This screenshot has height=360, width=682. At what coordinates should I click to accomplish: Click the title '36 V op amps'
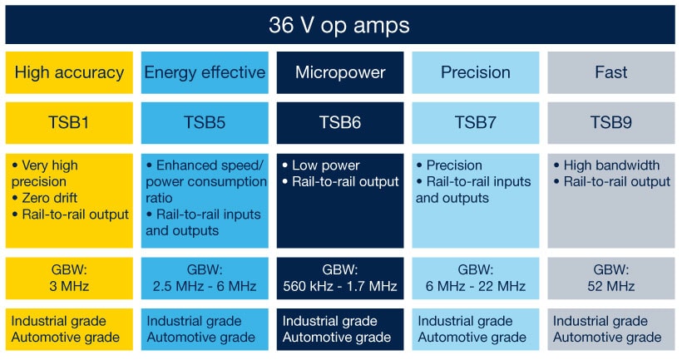[x=339, y=25]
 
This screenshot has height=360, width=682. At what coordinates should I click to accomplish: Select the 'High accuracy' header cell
[x=69, y=72]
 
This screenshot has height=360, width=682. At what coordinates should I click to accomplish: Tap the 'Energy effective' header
[x=205, y=72]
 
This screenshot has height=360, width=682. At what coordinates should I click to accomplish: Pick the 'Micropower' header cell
[x=340, y=72]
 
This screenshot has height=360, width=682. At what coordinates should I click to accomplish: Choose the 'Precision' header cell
[x=475, y=72]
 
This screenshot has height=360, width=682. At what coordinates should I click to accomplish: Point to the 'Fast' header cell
[x=611, y=72]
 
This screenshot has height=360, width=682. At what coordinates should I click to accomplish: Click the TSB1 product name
[x=69, y=123]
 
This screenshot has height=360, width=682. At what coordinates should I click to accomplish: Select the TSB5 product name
[x=205, y=123]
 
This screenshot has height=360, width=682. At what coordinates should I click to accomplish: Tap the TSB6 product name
[x=340, y=123]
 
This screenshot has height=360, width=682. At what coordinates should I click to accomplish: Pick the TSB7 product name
[x=475, y=123]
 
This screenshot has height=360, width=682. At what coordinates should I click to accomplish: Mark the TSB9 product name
[x=611, y=123]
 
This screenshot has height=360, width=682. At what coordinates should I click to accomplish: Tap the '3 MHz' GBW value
[x=69, y=287]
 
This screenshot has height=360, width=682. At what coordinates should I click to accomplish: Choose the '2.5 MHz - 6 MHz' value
[x=205, y=287]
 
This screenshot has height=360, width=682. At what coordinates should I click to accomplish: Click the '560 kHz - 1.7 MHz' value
[x=340, y=287]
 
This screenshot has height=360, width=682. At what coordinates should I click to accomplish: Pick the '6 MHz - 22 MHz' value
[x=475, y=287]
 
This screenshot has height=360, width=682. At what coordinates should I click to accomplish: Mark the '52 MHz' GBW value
[x=611, y=287]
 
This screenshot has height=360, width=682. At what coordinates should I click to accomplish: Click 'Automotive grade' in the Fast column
[x=607, y=337]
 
